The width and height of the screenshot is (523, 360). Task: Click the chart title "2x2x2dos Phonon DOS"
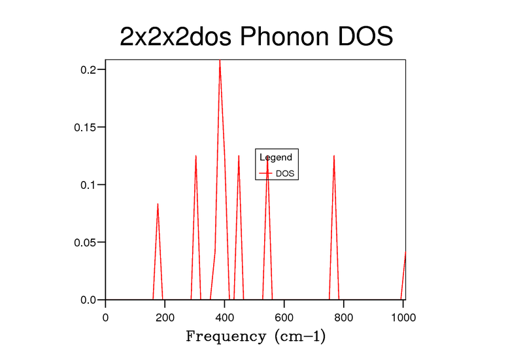(256, 37)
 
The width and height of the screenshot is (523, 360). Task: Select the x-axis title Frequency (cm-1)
(256, 337)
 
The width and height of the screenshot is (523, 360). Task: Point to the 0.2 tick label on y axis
(90, 69)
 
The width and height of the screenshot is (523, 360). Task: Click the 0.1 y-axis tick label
(90, 184)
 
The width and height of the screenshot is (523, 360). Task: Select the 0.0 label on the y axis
(90, 300)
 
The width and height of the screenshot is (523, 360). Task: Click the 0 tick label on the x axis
(106, 317)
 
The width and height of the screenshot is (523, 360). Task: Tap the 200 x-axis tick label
(165, 317)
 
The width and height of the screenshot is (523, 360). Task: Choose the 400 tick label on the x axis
(225, 317)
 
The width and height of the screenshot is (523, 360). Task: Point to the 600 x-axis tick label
(284, 317)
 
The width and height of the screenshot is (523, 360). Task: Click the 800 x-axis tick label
(344, 317)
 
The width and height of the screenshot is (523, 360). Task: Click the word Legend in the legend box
(276, 157)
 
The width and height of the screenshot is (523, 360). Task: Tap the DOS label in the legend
(285, 173)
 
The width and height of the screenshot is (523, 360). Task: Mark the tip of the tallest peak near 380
(220, 60)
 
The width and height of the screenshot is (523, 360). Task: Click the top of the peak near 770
(334, 155)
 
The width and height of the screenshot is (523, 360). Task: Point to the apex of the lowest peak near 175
(158, 204)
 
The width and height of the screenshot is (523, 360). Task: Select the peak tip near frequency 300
(196, 155)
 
